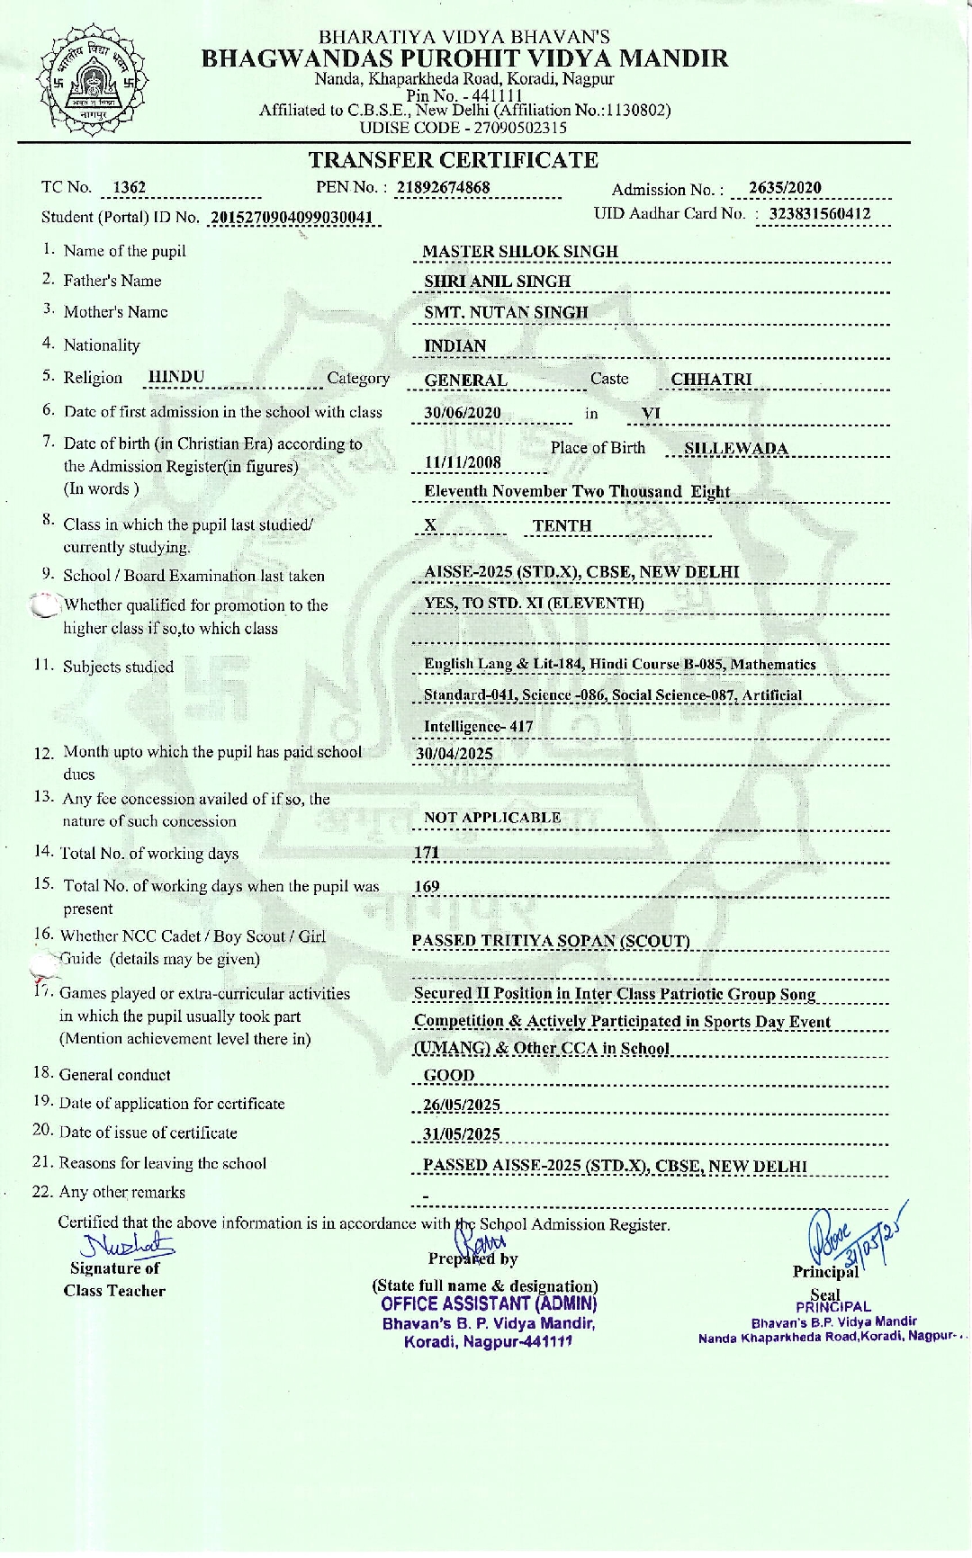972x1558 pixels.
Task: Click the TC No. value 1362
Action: (x=129, y=187)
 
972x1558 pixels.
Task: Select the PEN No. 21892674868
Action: (x=443, y=187)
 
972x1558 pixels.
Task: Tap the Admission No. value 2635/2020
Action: (x=785, y=187)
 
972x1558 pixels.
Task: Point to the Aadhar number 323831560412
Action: (x=819, y=214)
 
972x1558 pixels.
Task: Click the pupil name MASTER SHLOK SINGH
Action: (x=520, y=252)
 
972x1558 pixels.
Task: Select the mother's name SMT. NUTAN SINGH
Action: (x=506, y=312)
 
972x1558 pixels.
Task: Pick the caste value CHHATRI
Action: (x=711, y=380)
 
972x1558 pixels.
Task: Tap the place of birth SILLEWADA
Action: (x=735, y=449)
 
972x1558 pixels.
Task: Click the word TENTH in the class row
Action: (x=562, y=525)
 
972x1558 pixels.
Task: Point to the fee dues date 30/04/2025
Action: (x=454, y=754)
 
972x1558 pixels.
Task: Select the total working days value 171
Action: (x=427, y=853)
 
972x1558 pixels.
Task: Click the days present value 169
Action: (x=427, y=887)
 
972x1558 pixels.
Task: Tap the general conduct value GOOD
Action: (x=449, y=1075)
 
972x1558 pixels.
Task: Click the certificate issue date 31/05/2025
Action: (x=462, y=1134)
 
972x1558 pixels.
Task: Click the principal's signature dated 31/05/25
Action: (x=855, y=1237)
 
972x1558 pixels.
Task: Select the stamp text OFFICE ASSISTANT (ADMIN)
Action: (x=489, y=1303)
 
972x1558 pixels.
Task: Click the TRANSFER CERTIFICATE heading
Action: (x=454, y=160)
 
